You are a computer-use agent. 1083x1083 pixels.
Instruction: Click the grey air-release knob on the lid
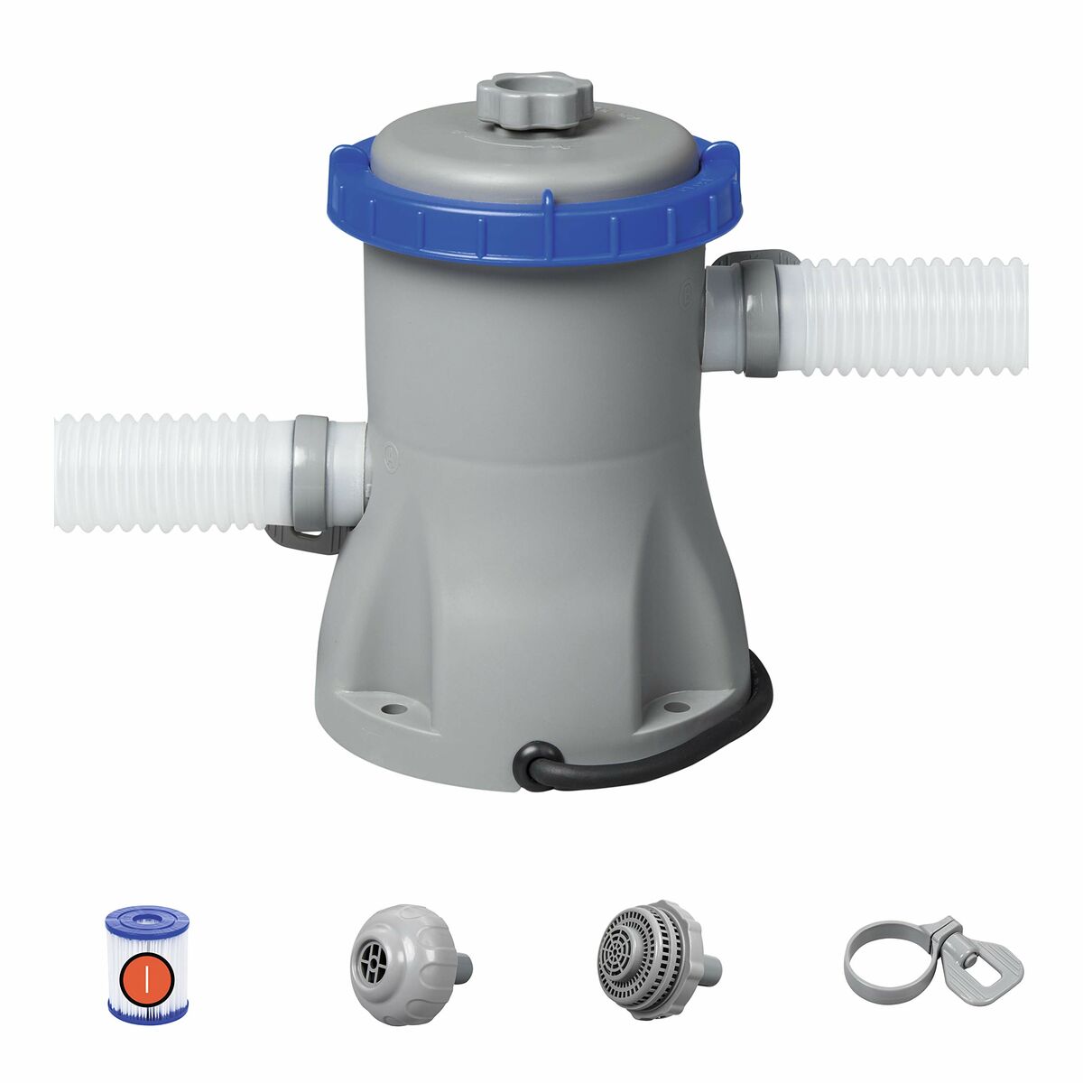(x=533, y=102)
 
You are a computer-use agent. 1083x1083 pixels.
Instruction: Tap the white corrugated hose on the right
(x=912, y=316)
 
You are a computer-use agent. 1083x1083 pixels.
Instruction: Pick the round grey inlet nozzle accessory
(x=393, y=951)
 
